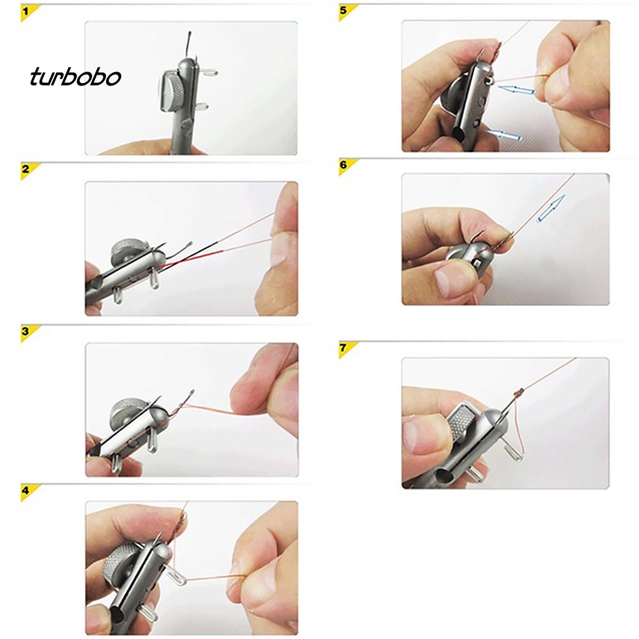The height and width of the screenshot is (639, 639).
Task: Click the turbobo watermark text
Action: click(75, 77)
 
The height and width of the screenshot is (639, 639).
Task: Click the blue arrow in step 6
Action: click(551, 209)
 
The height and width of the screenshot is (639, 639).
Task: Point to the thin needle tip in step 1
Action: click(190, 33)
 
